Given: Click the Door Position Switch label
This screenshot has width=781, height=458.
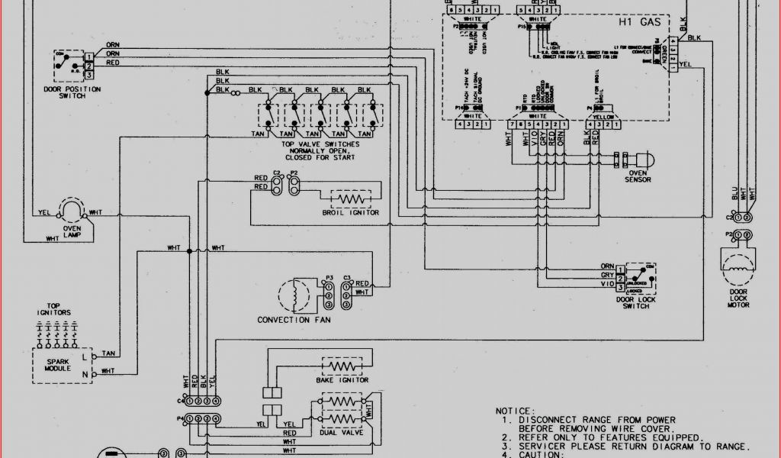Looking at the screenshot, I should tap(73, 94).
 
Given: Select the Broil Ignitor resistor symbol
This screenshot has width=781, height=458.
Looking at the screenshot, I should tap(352, 198).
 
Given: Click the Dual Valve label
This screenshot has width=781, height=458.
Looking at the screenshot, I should tap(342, 432).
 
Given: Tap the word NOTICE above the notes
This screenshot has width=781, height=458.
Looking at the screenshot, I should tap(515, 411).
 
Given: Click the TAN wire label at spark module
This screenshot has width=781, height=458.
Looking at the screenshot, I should tap(108, 353).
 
